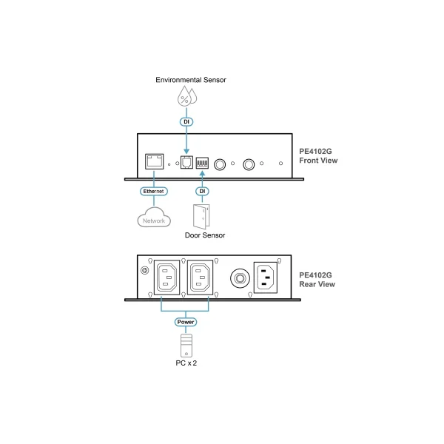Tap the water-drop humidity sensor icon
186,96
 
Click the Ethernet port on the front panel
155,162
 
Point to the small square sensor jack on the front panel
186,164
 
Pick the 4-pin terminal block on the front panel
202,163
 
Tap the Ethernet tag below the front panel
155,191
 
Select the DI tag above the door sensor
202,192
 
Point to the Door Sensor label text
204,235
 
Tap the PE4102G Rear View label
316,278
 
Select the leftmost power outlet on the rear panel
166,279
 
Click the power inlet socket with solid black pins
266,279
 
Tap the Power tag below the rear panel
186,323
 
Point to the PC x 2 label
186,365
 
